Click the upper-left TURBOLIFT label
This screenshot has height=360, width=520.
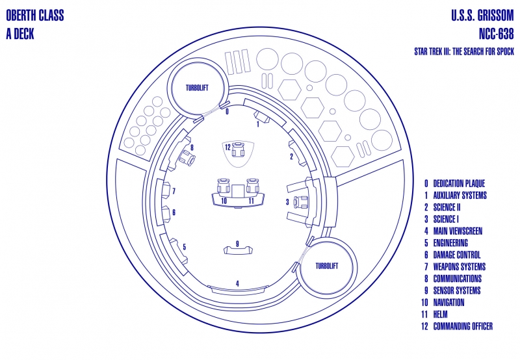tap(197, 88)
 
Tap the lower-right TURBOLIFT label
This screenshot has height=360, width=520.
tap(327, 266)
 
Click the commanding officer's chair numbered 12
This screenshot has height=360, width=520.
tap(238, 149)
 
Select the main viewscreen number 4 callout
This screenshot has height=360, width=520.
tap(237, 283)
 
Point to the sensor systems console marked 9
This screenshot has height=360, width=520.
tap(237, 250)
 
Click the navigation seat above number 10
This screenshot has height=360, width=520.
tap(224, 186)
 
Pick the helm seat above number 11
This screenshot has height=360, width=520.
tap(252, 186)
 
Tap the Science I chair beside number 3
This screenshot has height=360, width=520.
tap(301, 202)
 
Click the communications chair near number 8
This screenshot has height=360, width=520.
tap(187, 158)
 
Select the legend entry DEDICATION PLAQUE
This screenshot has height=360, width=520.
tap(459, 184)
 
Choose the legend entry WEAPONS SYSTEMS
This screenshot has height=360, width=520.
tap(460, 267)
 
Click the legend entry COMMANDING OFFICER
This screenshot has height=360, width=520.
tap(463, 326)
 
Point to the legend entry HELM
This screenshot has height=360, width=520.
tap(441, 315)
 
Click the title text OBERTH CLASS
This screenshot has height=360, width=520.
tap(35, 16)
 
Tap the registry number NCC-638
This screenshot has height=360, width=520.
tap(496, 34)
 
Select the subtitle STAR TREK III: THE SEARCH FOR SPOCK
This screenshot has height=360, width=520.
tap(464, 51)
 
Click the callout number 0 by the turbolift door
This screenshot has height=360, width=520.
tap(227, 112)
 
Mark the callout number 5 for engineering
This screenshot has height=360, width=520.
tap(185, 247)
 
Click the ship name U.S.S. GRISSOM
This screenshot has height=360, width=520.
tap(482, 16)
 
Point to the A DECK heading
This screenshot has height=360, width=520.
tap(20, 34)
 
